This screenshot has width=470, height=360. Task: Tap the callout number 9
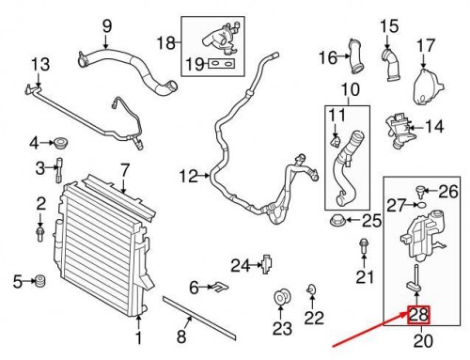click(106, 25)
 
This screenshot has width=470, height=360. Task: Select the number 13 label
click(39, 65)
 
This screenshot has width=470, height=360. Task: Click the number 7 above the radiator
click(122, 170)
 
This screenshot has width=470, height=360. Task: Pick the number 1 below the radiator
click(139, 337)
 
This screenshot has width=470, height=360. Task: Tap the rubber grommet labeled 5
click(40, 280)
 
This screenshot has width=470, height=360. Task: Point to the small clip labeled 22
click(310, 292)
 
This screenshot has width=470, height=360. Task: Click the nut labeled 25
click(338, 222)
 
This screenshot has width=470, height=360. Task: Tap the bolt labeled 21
click(363, 248)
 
